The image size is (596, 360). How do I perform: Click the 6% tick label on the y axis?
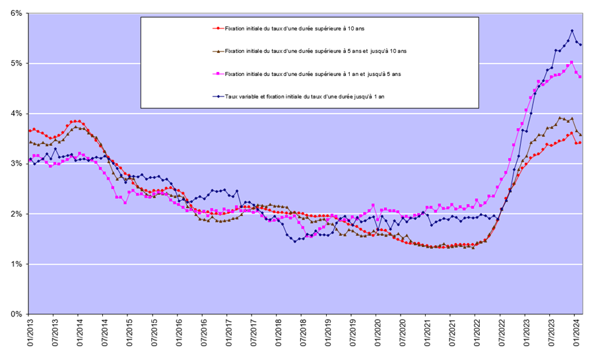[x=15, y=13]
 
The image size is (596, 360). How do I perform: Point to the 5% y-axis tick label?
[x=15, y=63]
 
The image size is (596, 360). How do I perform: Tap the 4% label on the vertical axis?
[x=15, y=114]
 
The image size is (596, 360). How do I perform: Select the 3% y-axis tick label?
[x=15, y=164]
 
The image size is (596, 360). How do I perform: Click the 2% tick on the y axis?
[x=15, y=214]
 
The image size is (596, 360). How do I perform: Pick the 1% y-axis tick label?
[x=15, y=264]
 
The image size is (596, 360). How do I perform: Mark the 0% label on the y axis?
[x=15, y=314]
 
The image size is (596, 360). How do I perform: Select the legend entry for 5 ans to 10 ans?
[x=315, y=51]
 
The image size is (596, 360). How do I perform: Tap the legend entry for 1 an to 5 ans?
[x=313, y=74]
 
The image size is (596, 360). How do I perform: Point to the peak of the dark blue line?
[x=572, y=31]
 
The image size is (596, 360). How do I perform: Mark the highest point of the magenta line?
[x=572, y=62]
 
